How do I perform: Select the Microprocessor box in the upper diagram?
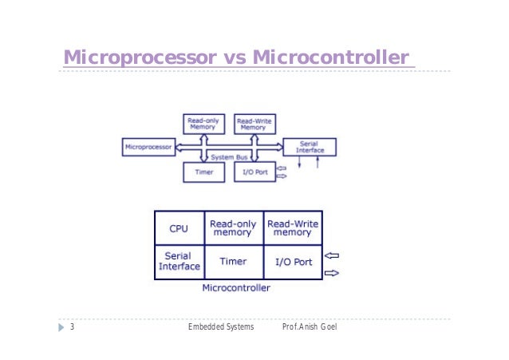click(x=148, y=147)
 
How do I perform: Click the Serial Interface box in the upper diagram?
click(x=310, y=147)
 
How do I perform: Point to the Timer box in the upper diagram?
click(x=203, y=171)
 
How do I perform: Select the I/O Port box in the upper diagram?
click(x=254, y=171)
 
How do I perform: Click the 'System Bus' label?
click(x=228, y=157)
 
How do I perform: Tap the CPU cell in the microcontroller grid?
click(x=179, y=228)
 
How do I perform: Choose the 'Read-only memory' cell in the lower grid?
click(x=233, y=228)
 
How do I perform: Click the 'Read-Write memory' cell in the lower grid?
click(x=292, y=228)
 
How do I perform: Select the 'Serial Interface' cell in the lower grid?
click(x=179, y=262)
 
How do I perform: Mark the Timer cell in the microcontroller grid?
click(x=233, y=262)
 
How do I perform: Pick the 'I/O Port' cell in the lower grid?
click(x=292, y=262)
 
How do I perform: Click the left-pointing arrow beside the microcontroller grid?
click(x=333, y=256)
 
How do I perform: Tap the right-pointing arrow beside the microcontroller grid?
click(x=333, y=272)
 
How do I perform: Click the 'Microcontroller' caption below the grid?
click(x=236, y=287)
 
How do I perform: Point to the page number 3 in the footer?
click(x=72, y=328)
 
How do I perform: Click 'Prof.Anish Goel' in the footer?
click(x=310, y=328)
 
